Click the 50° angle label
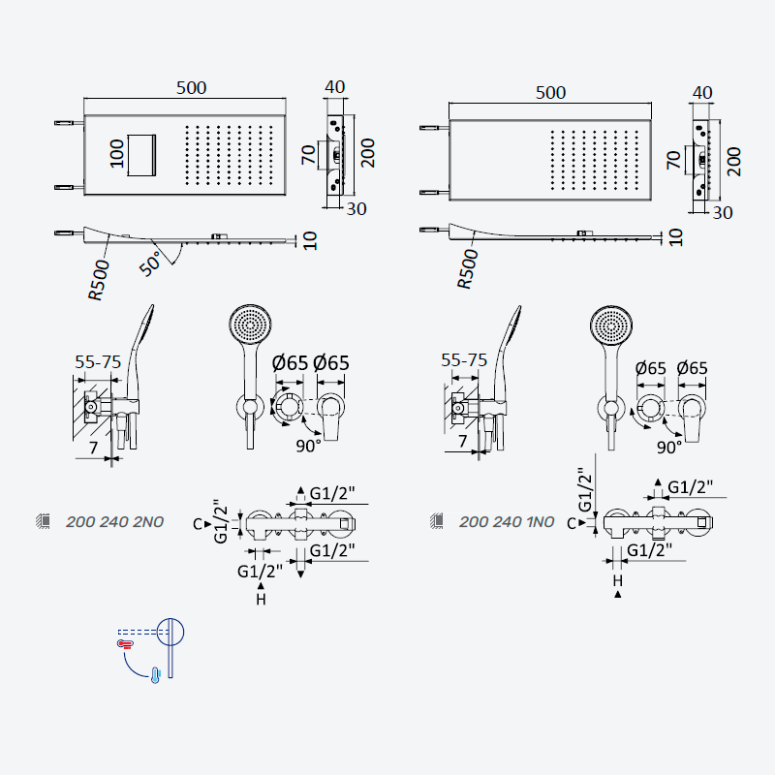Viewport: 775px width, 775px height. pyautogui.click(x=150, y=263)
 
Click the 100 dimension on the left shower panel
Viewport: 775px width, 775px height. pyautogui.click(x=116, y=154)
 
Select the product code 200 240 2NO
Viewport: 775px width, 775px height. pyautogui.click(x=114, y=522)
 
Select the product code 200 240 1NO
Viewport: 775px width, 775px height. pyautogui.click(x=507, y=522)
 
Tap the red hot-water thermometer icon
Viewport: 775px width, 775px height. pyautogui.click(x=125, y=643)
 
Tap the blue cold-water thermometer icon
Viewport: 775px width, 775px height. pyautogui.click(x=155, y=675)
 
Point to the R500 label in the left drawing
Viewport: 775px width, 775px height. pyautogui.click(x=99, y=280)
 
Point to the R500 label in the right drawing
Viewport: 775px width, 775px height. pyautogui.click(x=467, y=269)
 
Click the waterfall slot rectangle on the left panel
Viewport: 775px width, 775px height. pyautogui.click(x=142, y=155)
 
